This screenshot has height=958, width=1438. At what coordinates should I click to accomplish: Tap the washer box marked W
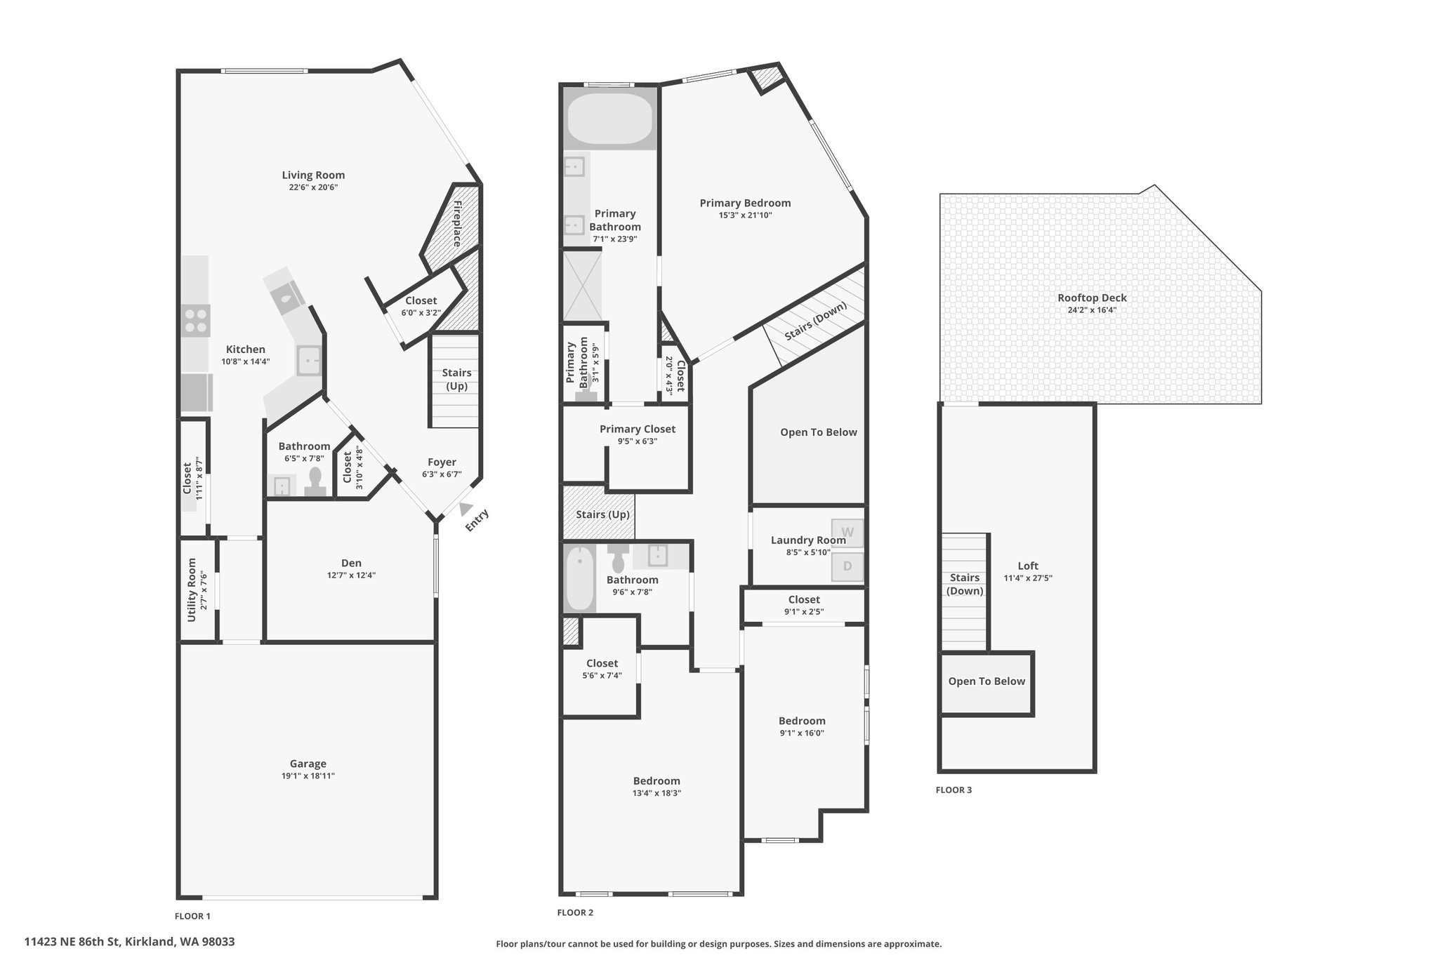point(847,532)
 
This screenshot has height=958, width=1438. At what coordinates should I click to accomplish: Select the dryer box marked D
point(847,566)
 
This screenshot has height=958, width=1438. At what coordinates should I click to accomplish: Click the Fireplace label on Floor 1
point(457,224)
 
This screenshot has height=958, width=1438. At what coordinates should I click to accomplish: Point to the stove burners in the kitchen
point(196,321)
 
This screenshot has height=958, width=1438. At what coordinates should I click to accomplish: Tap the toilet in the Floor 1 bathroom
point(315,483)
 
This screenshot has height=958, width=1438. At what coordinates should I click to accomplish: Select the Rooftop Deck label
point(1092,298)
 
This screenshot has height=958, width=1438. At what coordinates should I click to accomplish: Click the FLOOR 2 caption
point(575,912)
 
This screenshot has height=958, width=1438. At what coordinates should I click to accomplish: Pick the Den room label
point(351,563)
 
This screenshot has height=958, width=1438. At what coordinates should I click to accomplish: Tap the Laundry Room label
point(808,540)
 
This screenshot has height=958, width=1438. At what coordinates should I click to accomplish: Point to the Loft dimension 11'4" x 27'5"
point(1028,578)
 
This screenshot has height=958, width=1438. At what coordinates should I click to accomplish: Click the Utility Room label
point(192,590)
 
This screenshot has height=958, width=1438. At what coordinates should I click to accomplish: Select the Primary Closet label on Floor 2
point(638,429)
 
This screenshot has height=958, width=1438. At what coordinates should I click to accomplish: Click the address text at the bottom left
point(129,941)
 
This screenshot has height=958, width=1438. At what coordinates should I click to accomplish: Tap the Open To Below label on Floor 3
point(987,681)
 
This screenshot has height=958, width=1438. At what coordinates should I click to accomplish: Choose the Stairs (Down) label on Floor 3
point(965,584)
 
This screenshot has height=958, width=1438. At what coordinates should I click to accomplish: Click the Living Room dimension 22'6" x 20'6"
point(313,187)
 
